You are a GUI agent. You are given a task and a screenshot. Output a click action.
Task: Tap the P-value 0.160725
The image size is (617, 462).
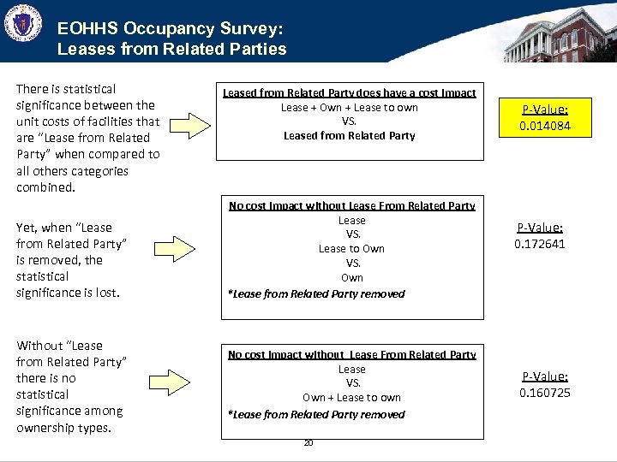click(x=545, y=394)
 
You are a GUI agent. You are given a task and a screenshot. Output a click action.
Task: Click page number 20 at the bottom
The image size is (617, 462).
click(x=308, y=442)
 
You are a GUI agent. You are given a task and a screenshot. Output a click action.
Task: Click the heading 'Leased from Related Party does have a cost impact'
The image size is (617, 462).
click(x=350, y=92)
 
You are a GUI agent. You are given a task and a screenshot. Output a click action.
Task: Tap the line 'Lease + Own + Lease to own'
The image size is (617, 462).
click(x=350, y=107)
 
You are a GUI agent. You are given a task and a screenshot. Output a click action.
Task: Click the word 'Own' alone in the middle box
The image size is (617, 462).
click(x=351, y=278)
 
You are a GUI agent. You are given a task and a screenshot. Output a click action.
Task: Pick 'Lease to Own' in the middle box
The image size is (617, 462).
click(x=351, y=249)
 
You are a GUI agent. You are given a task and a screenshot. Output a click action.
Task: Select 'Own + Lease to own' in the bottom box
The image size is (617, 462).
click(x=351, y=398)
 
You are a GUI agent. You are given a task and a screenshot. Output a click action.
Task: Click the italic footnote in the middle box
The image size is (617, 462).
click(x=316, y=293)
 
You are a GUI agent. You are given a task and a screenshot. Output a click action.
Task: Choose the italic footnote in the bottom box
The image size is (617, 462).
click(x=316, y=414)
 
